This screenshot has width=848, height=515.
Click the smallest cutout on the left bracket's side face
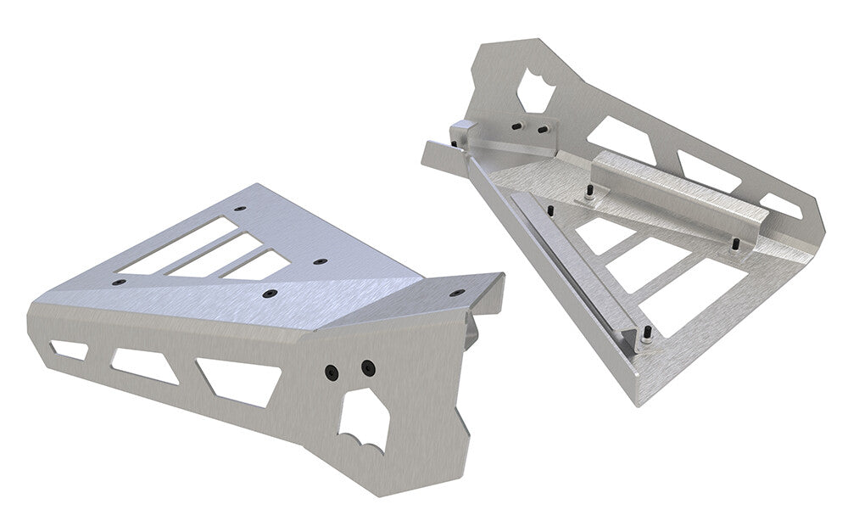pyautogui.click(x=69, y=349)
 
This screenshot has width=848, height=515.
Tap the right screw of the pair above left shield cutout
pyautogui.click(x=367, y=367)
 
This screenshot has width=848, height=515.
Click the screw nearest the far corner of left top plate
pyautogui.click(x=240, y=208)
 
